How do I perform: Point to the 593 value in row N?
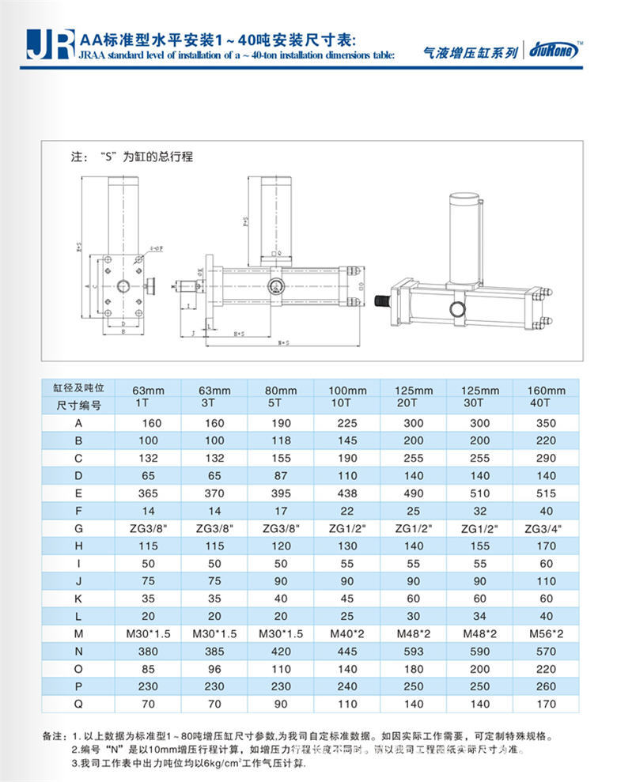coord(414,650)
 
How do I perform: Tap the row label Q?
coord(78,705)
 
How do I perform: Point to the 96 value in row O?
coord(214,668)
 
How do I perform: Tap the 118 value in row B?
coord(281,441)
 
